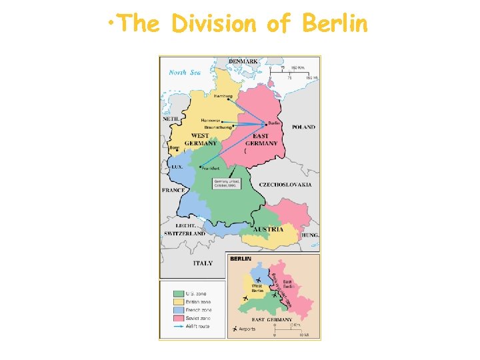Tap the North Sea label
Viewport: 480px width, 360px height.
(x=185, y=72)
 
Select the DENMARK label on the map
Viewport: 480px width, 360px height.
(x=245, y=61)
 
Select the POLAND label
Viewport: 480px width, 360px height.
(x=303, y=127)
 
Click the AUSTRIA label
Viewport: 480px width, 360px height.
(x=272, y=229)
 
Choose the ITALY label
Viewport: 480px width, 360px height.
(x=203, y=263)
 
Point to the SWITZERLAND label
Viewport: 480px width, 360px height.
(x=185, y=234)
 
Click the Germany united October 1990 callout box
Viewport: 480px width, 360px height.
(x=225, y=183)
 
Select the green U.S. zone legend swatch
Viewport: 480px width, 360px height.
(x=178, y=293)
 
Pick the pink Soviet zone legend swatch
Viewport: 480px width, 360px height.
(x=178, y=318)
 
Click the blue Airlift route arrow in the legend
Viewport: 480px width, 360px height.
(x=178, y=327)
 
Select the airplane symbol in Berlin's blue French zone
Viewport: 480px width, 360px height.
(x=258, y=280)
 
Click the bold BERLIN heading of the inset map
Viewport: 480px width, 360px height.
(x=241, y=259)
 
